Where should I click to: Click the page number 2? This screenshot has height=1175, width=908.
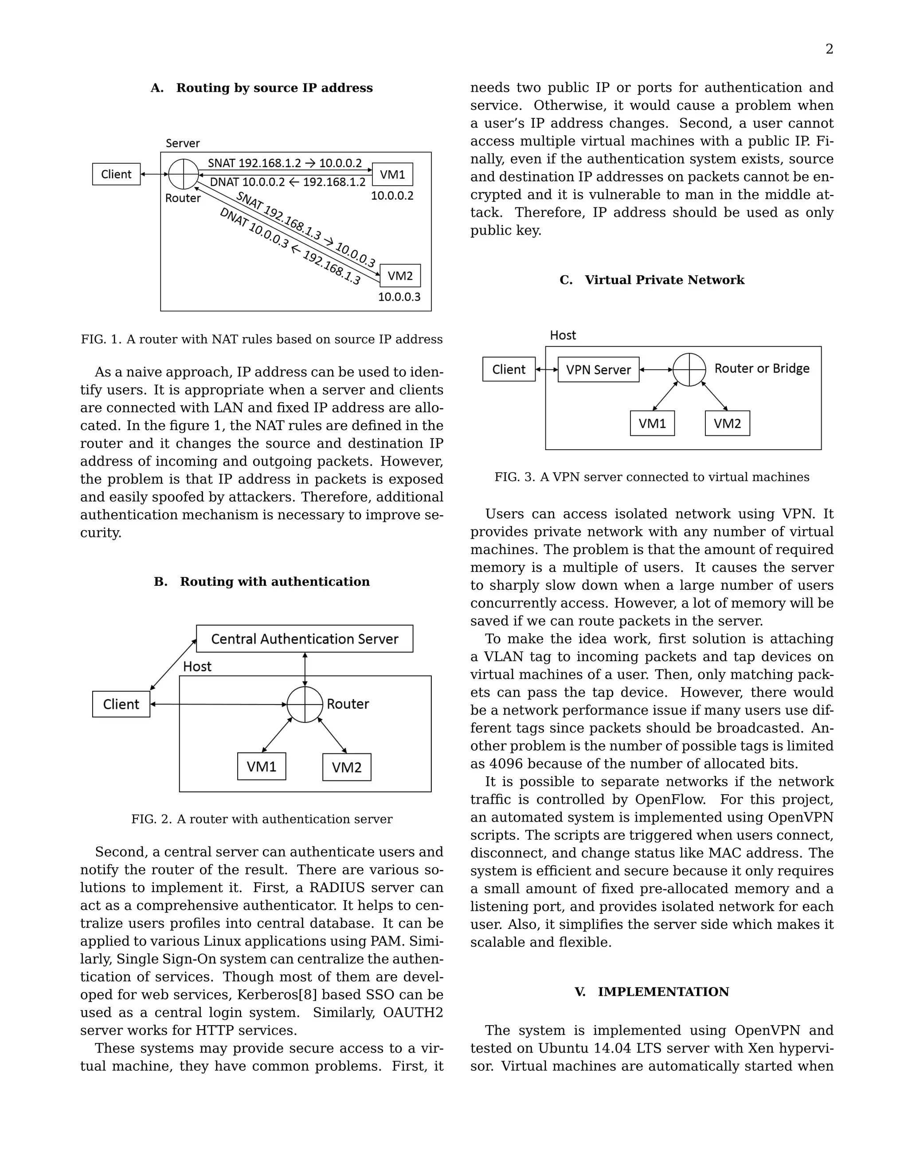tap(829, 50)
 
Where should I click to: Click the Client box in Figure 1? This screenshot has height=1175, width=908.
tap(116, 174)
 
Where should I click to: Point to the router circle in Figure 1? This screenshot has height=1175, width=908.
tap(184, 174)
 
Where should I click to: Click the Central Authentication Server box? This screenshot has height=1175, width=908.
tap(305, 638)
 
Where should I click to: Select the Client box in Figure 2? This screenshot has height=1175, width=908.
tap(121, 704)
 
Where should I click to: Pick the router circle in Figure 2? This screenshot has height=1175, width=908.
tap(305, 704)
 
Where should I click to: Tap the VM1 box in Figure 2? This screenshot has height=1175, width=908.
tap(262, 766)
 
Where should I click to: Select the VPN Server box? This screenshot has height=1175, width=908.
tap(598, 370)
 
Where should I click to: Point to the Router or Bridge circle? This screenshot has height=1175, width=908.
tap(689, 370)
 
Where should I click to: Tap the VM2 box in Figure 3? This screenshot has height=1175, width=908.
tap(727, 423)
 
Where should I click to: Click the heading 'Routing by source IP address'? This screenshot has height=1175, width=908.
tap(274, 88)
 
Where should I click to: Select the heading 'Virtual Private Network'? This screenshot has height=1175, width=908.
tap(664, 280)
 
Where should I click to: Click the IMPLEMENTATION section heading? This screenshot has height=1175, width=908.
tap(663, 991)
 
